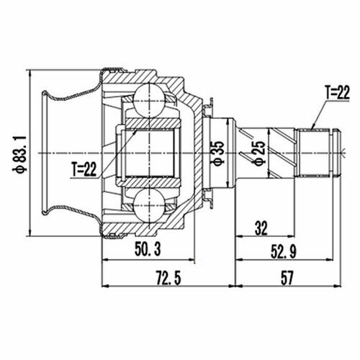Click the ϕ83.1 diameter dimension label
(20, 154)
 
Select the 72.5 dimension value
(168, 277)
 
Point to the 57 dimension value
(287, 277)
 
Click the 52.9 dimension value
(284, 252)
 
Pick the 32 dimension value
(261, 228)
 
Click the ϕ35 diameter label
(218, 153)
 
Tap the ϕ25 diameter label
(259, 153)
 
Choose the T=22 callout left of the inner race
(84, 169)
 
